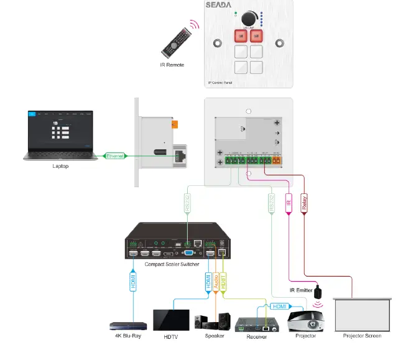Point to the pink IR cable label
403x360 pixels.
(x=289, y=202)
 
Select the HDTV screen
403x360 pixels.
(x=171, y=319)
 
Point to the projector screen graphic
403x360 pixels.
(x=362, y=315)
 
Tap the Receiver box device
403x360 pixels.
(x=252, y=323)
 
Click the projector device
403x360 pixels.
(x=305, y=321)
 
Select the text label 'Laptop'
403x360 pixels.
(x=60, y=167)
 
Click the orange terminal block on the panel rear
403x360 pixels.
(x=276, y=161)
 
